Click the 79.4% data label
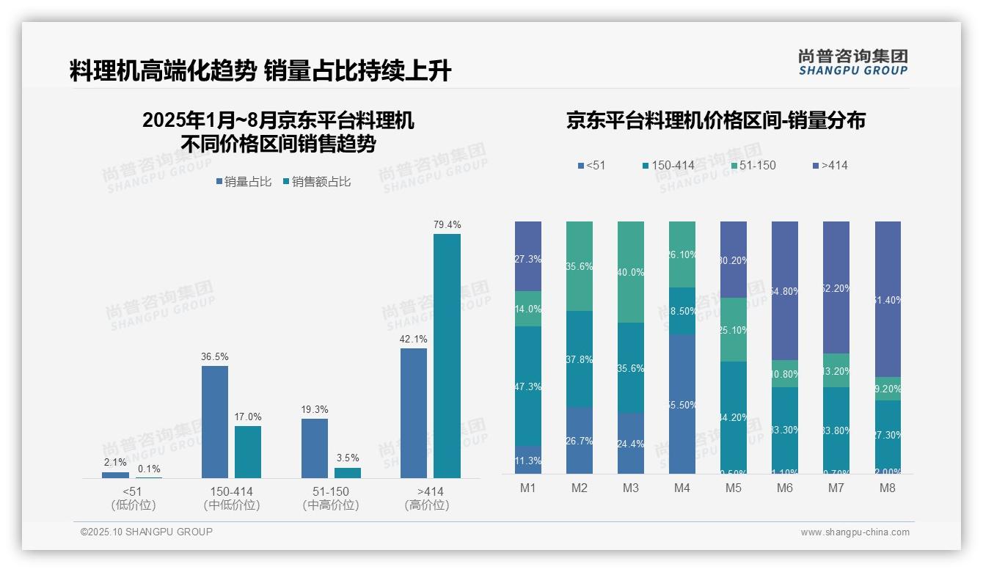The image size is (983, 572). coord(447,225)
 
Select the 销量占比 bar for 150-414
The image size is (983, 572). coord(214,422)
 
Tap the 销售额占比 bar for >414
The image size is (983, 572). coord(447,356)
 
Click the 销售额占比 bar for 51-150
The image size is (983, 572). coord(348,473)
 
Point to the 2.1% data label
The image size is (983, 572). coord(115,463)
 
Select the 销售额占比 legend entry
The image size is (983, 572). coord(316,182)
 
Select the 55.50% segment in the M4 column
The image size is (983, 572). coord(681,404)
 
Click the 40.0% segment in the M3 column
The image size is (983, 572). coord(630,272)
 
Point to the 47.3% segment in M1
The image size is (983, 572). coord(528,386)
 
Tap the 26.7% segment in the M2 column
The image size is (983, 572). coord(579,441)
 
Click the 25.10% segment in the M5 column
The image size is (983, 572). coord(733,330)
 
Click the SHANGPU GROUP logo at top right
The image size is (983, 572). coord(852,62)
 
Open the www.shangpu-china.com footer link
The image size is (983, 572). coord(855,532)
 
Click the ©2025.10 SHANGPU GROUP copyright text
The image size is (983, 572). coord(147,532)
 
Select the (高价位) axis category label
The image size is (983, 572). coord(426,505)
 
